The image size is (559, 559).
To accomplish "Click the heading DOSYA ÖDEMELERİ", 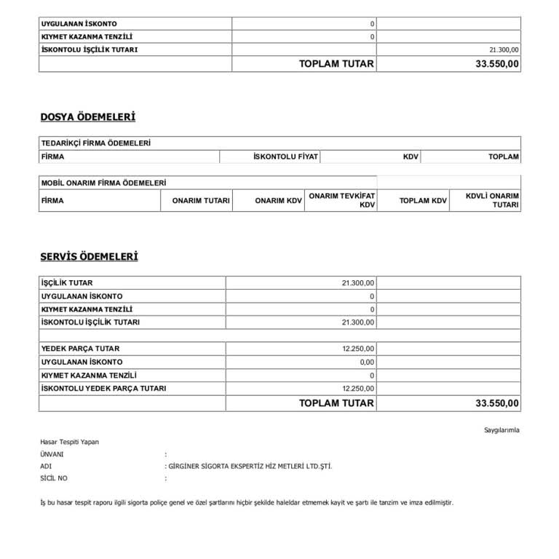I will point(87,116).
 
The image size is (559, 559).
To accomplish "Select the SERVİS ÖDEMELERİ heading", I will point(89,256).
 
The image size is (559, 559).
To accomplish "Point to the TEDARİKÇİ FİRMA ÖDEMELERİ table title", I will point(96,143).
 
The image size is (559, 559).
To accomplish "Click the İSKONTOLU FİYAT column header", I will point(285,156).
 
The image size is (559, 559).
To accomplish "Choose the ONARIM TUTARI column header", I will point(201,200).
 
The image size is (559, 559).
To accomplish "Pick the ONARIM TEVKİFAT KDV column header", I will point(341,200).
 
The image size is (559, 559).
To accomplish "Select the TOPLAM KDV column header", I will point(423,200).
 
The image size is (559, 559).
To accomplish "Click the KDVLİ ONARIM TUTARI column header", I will point(492,200).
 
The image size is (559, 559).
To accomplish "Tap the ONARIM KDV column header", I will point(278,200).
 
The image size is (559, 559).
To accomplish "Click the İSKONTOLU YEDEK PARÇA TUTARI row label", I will point(104,389).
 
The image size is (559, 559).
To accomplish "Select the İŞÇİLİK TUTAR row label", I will point(68,282).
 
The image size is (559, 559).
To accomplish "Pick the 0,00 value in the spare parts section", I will point(366,362).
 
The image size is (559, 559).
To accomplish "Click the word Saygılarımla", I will point(501,430).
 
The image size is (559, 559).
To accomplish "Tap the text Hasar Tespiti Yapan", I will point(70,441).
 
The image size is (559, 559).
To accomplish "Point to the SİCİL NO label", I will point(55,478).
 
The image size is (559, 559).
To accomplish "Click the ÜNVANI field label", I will point(52,453).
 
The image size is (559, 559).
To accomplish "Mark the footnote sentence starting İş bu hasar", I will point(247,502).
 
